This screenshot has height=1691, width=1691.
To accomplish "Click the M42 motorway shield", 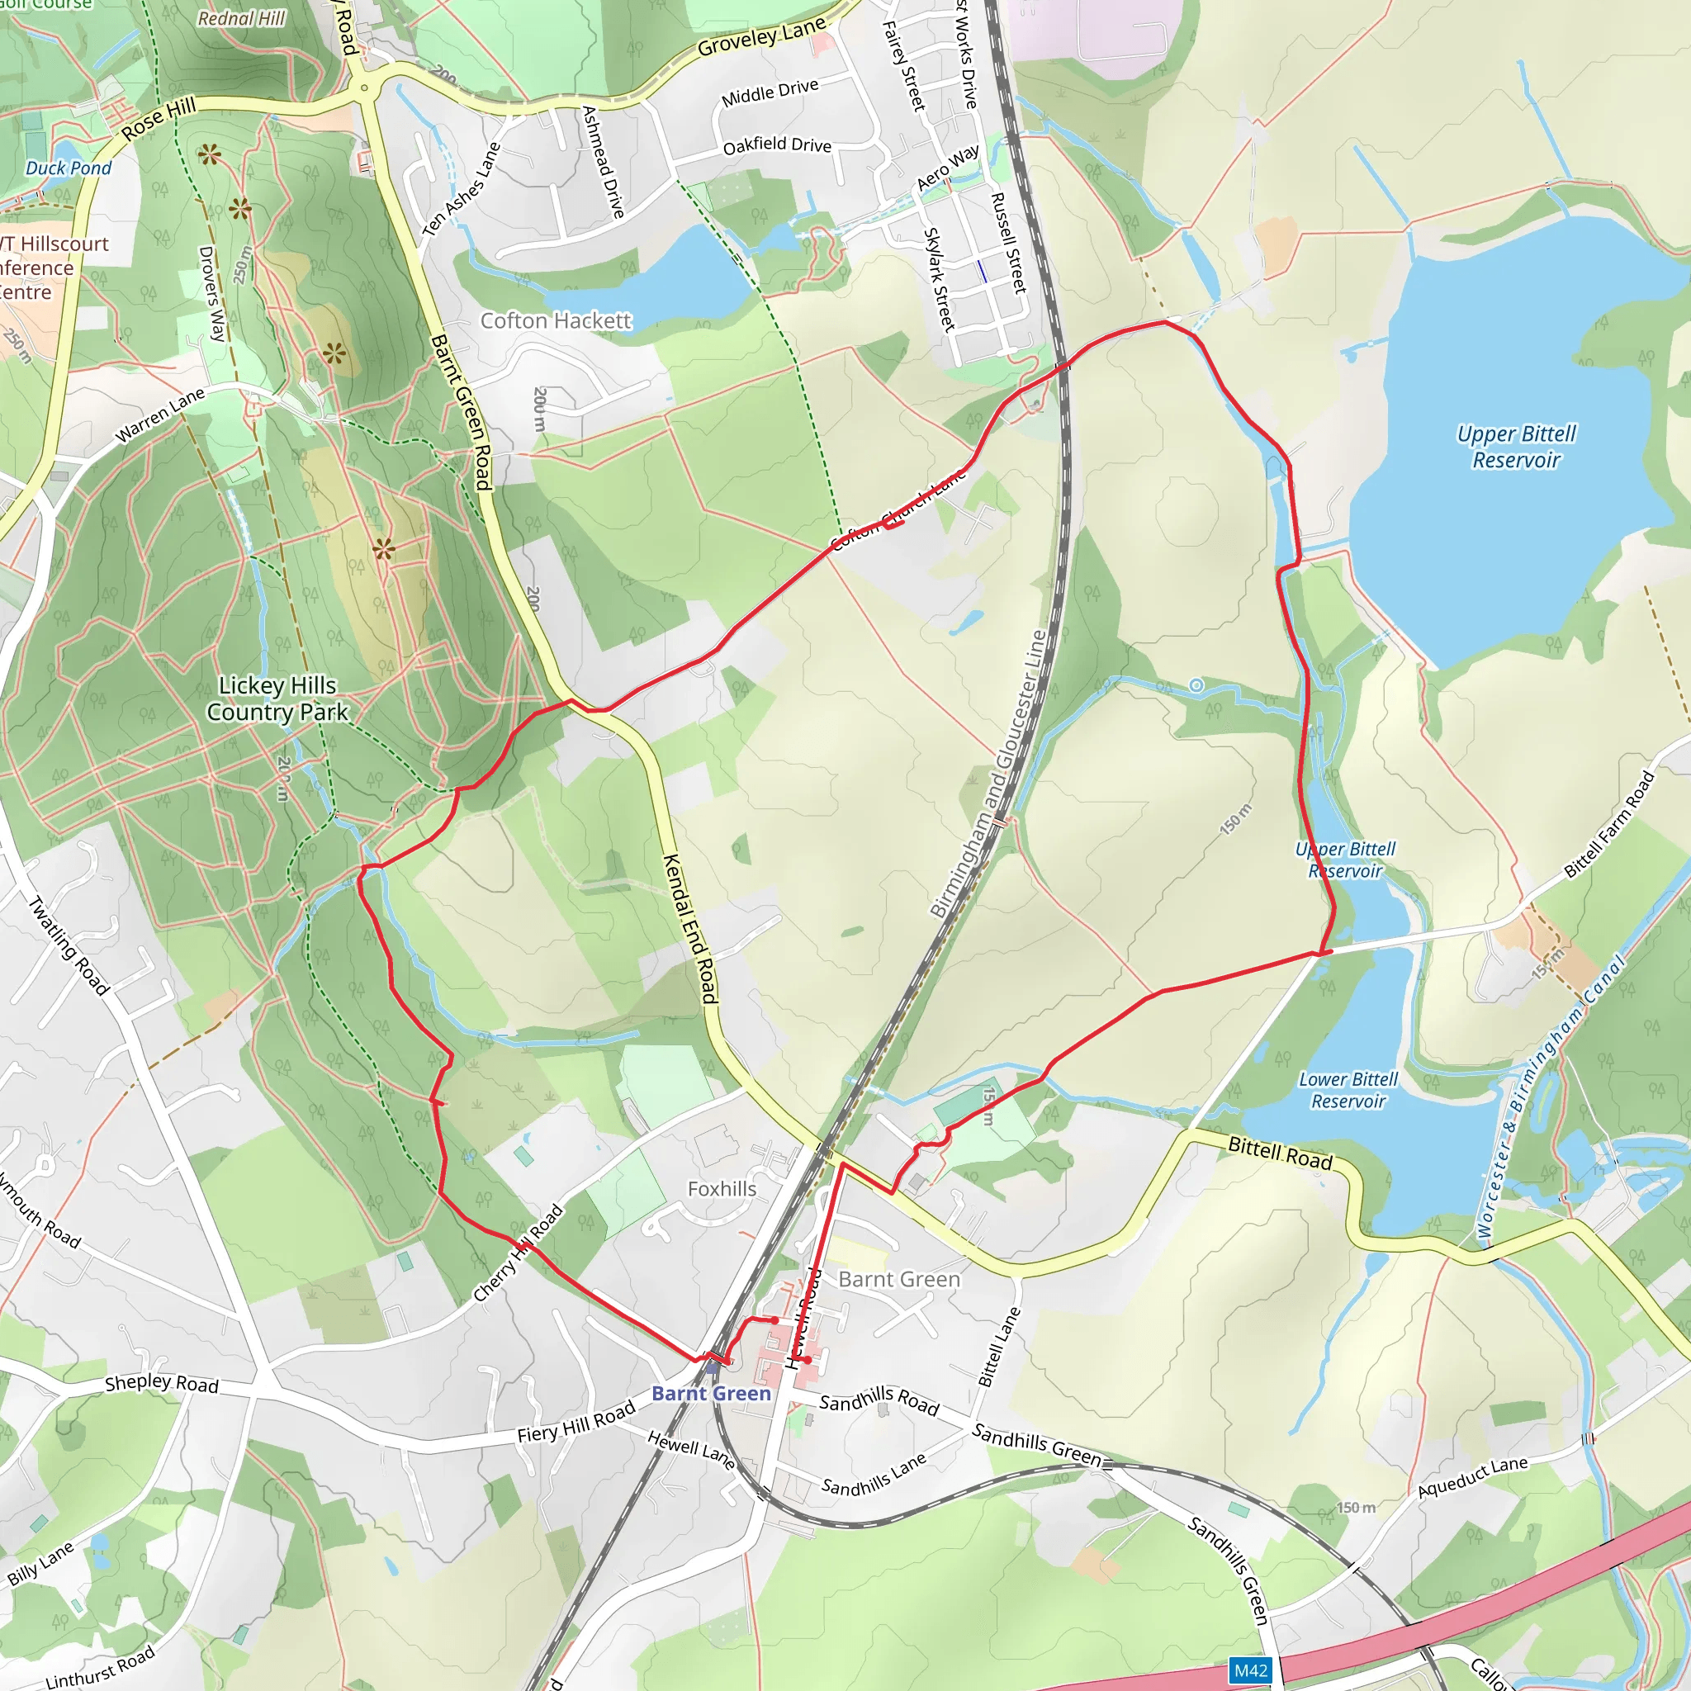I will (x=1250, y=1671).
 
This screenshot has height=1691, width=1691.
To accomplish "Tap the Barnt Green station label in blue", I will (x=711, y=1394).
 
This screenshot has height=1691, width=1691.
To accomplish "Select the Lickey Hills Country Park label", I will (x=277, y=699).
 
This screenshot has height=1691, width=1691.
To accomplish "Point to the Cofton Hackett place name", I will (x=556, y=321).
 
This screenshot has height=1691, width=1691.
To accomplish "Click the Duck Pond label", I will (x=69, y=168).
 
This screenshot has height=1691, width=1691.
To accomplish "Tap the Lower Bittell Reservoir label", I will (x=1348, y=1090).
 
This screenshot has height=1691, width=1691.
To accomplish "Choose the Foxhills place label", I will (x=722, y=1189).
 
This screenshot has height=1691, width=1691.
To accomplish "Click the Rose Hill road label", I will (x=159, y=119).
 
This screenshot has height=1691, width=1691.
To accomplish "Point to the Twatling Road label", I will (x=69, y=946).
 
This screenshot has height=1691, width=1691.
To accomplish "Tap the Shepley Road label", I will (x=162, y=1384).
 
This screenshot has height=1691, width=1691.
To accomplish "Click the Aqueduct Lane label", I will (x=1473, y=1477).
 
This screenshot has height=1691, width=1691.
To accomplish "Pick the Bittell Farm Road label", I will (x=1609, y=825).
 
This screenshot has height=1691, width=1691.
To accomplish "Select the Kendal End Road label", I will (x=690, y=929).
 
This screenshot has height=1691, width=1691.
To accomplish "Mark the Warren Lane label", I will (x=160, y=414).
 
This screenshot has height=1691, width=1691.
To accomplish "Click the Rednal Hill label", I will (x=242, y=18).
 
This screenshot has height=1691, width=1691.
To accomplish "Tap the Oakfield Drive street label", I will (x=777, y=145).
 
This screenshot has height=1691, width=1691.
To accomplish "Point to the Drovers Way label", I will (x=212, y=293).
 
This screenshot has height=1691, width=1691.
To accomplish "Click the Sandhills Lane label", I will (x=874, y=1475).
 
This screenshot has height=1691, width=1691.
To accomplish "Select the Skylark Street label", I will (x=938, y=279).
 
